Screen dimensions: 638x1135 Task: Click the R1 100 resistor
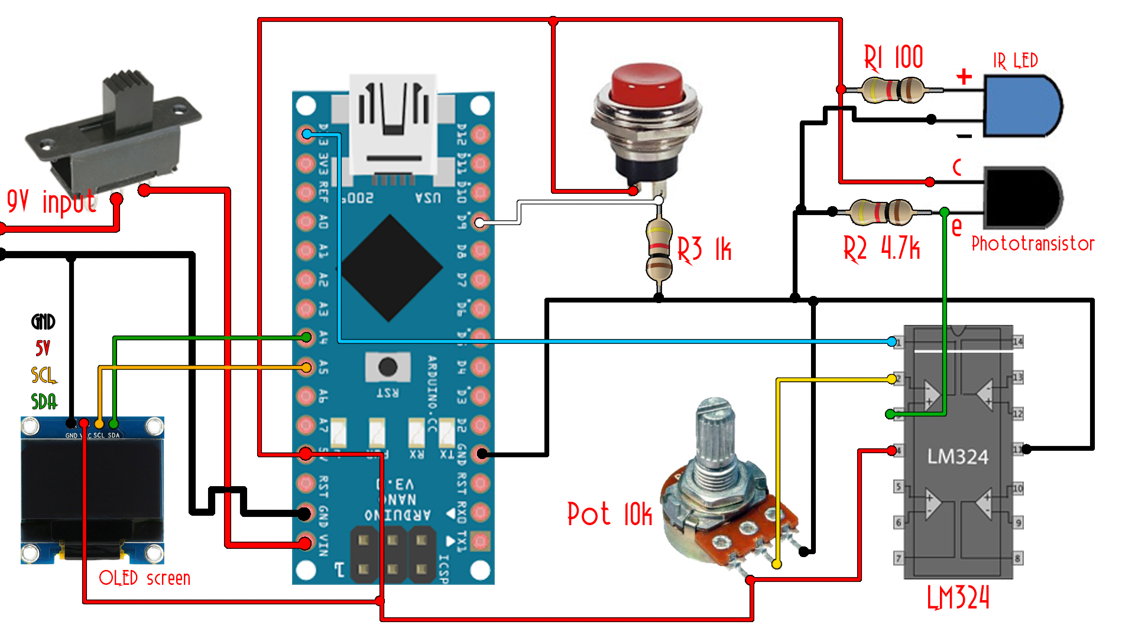tap(893, 90)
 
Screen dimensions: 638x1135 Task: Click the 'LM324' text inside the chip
tap(958, 457)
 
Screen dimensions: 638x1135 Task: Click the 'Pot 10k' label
tap(609, 515)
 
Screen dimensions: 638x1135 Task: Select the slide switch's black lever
tap(127, 100)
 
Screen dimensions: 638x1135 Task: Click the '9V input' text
tap(51, 202)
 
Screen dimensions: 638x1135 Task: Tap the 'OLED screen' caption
tap(145, 578)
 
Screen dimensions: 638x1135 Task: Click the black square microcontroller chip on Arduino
tap(390, 268)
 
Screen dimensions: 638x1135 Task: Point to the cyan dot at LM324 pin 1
tap(891, 341)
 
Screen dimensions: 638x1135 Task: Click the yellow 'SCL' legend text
tap(43, 375)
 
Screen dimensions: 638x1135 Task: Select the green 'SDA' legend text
tap(44, 402)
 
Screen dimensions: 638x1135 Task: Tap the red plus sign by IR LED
tap(964, 76)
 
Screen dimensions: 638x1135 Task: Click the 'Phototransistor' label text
tap(1033, 243)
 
